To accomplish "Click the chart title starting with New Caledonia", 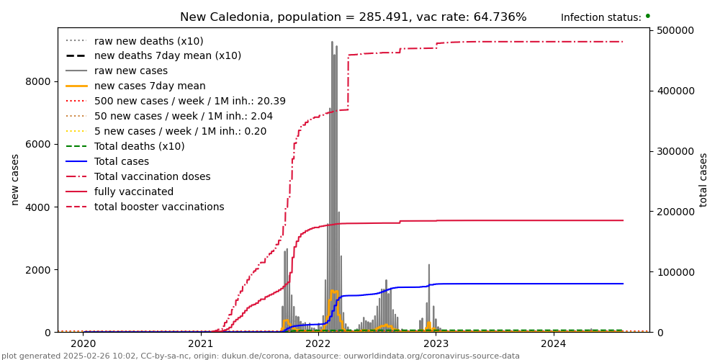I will tap(353, 17).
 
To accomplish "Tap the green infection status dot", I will tap(647, 16).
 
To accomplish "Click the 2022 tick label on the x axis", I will tap(318, 343).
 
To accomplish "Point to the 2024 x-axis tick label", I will tap(554, 343).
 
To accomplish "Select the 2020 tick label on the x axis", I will tap(83, 343).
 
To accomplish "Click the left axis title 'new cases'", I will tap(15, 179).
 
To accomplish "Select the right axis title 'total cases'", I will tap(703, 179).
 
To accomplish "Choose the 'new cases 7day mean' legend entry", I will tap(150, 86).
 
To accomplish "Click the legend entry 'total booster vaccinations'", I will tap(159, 207).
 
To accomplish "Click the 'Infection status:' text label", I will tap(600, 18).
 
